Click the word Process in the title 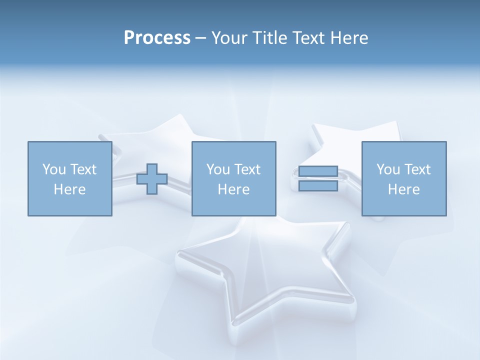[x=157, y=38]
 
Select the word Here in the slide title [x=348, y=38]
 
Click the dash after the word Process [x=200, y=38]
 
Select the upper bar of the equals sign [x=318, y=171]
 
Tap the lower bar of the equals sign [x=318, y=185]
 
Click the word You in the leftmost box [x=54, y=169]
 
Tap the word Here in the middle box [x=233, y=189]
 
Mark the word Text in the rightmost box [x=416, y=169]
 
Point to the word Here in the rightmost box [x=403, y=189]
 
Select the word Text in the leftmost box [x=82, y=169]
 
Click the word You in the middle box [x=218, y=169]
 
